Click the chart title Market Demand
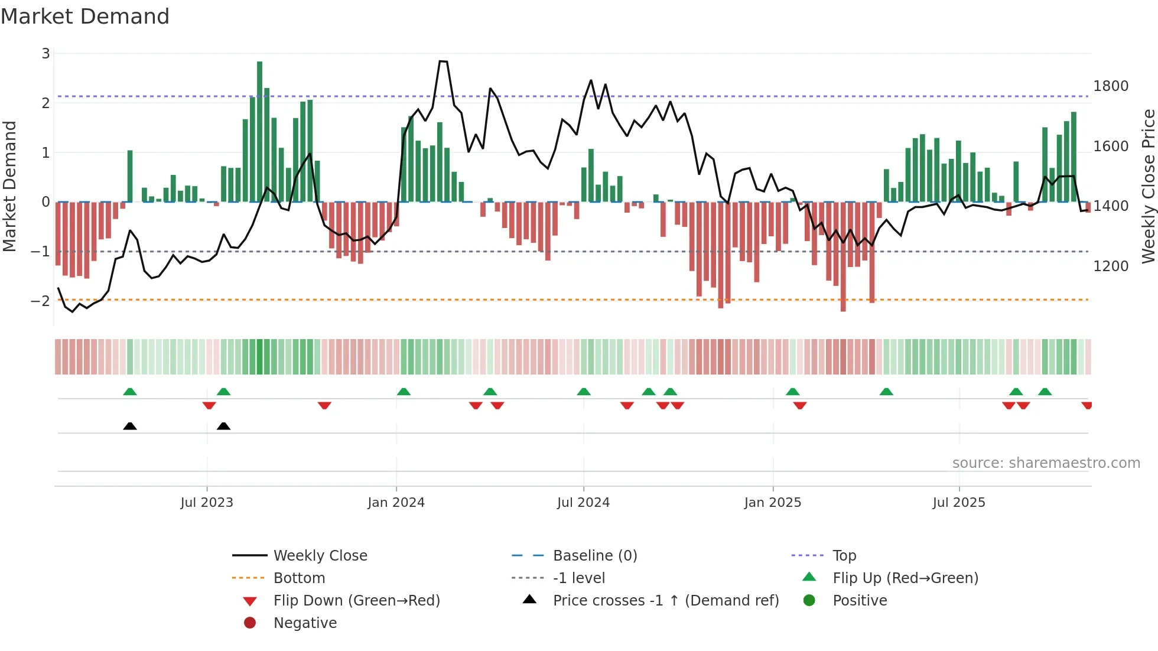85,17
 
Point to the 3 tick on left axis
45,54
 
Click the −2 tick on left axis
41,301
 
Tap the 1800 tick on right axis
1111,86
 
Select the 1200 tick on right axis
1111,266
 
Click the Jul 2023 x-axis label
207,503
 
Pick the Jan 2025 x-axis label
773,503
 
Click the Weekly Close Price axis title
1148,186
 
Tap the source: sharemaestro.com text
1046,463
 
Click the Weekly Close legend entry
320,556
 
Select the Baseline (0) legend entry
595,556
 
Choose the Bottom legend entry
299,578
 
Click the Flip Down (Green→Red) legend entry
356,601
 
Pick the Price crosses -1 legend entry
666,601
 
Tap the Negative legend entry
305,623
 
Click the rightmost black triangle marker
223,427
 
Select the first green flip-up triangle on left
130,392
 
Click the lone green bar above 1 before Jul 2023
130,175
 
